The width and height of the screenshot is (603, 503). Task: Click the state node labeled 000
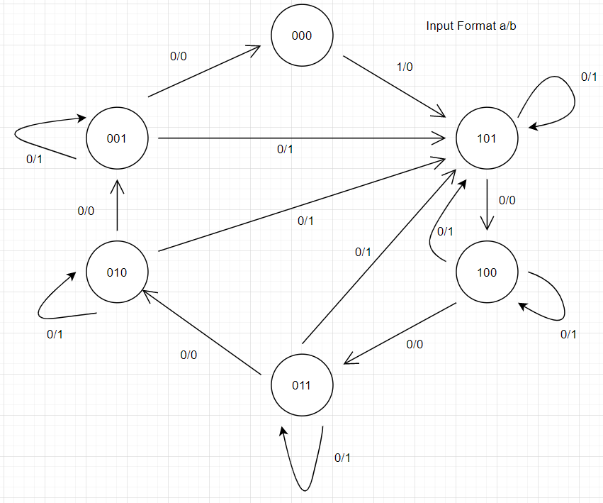(x=301, y=37)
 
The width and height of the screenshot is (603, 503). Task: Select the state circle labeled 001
(x=116, y=138)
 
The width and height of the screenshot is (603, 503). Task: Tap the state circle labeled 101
(x=486, y=138)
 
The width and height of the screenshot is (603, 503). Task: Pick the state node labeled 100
(x=486, y=272)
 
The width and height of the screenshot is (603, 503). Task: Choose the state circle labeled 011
(x=301, y=386)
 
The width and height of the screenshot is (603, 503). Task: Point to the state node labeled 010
(x=116, y=272)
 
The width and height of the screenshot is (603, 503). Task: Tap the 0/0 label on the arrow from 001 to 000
(x=179, y=56)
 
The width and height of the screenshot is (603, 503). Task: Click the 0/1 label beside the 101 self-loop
(x=588, y=77)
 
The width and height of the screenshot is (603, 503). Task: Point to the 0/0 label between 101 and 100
(x=507, y=201)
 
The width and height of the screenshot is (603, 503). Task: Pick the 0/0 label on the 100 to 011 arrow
(x=415, y=344)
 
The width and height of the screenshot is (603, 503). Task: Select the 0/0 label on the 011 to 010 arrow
(x=188, y=355)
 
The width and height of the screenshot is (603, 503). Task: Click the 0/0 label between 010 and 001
(x=86, y=210)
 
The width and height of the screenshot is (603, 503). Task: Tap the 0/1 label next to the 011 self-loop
(x=342, y=458)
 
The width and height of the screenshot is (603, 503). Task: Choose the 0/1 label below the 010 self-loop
(x=55, y=334)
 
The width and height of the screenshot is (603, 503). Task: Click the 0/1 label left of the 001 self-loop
(x=34, y=159)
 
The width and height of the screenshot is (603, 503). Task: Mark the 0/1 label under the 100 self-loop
(x=568, y=334)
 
